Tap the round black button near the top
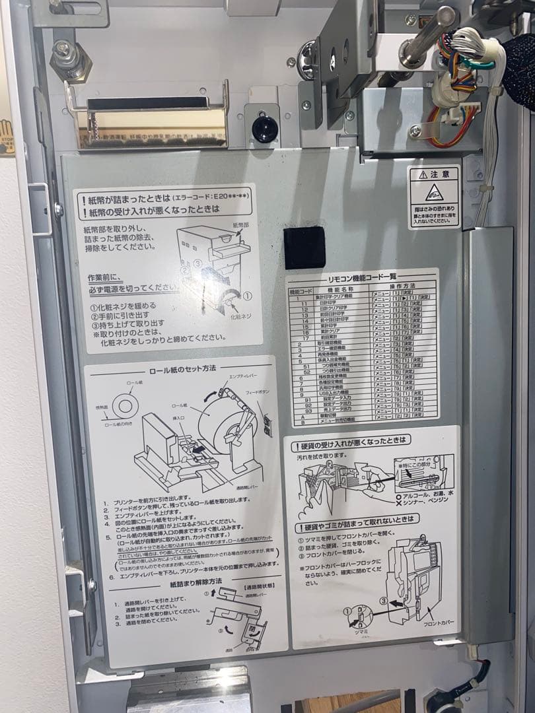pos(264,128)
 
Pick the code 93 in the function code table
pos(307,410)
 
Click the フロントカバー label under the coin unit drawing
pos(437,623)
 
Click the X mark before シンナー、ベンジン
pos(397,500)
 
